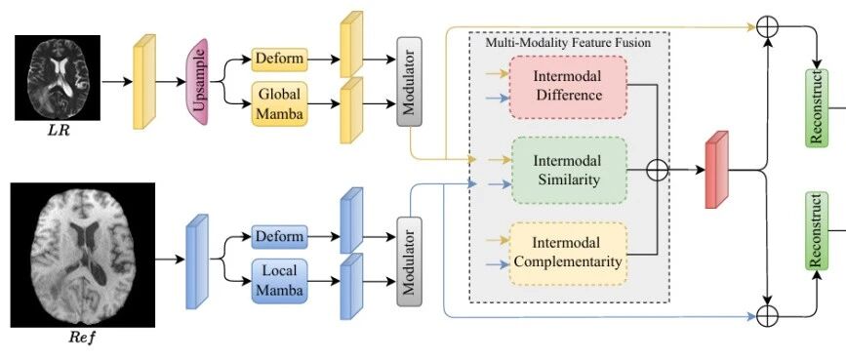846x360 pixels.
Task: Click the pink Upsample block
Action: point(197,82)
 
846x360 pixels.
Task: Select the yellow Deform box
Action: point(279,60)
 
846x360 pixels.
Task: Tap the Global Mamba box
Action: point(279,104)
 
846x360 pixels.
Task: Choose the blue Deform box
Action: point(279,237)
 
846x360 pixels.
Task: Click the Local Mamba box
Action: point(279,281)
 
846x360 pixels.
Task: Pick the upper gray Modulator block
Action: point(409,82)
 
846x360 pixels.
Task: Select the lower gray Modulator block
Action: point(409,261)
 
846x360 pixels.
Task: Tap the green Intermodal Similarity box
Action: point(569,170)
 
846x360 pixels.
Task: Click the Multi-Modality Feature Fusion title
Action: point(568,42)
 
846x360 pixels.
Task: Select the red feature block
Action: point(717,170)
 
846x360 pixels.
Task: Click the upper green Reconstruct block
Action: point(816,107)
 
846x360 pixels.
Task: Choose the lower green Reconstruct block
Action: point(816,231)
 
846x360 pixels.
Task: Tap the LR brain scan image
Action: point(58,78)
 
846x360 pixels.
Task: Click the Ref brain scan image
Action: point(83,255)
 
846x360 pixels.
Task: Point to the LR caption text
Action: point(58,130)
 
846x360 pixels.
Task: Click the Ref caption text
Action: point(82,339)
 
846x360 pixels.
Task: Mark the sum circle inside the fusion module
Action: point(657,170)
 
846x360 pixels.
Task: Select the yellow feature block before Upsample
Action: point(144,82)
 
